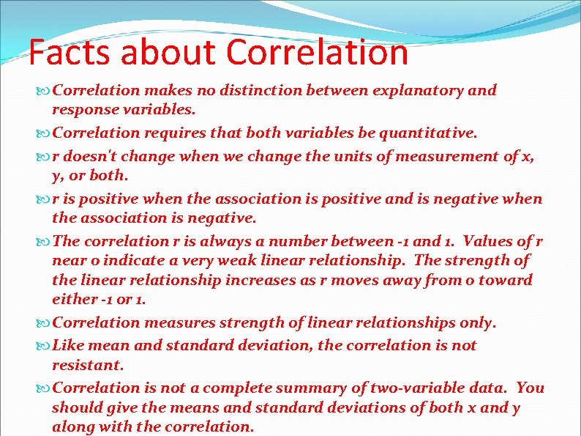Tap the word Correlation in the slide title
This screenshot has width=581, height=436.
coord(317,53)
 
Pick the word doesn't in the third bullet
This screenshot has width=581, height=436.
coord(90,156)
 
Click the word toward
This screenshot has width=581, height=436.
coord(509,280)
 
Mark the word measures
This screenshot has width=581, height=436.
coord(174,322)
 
